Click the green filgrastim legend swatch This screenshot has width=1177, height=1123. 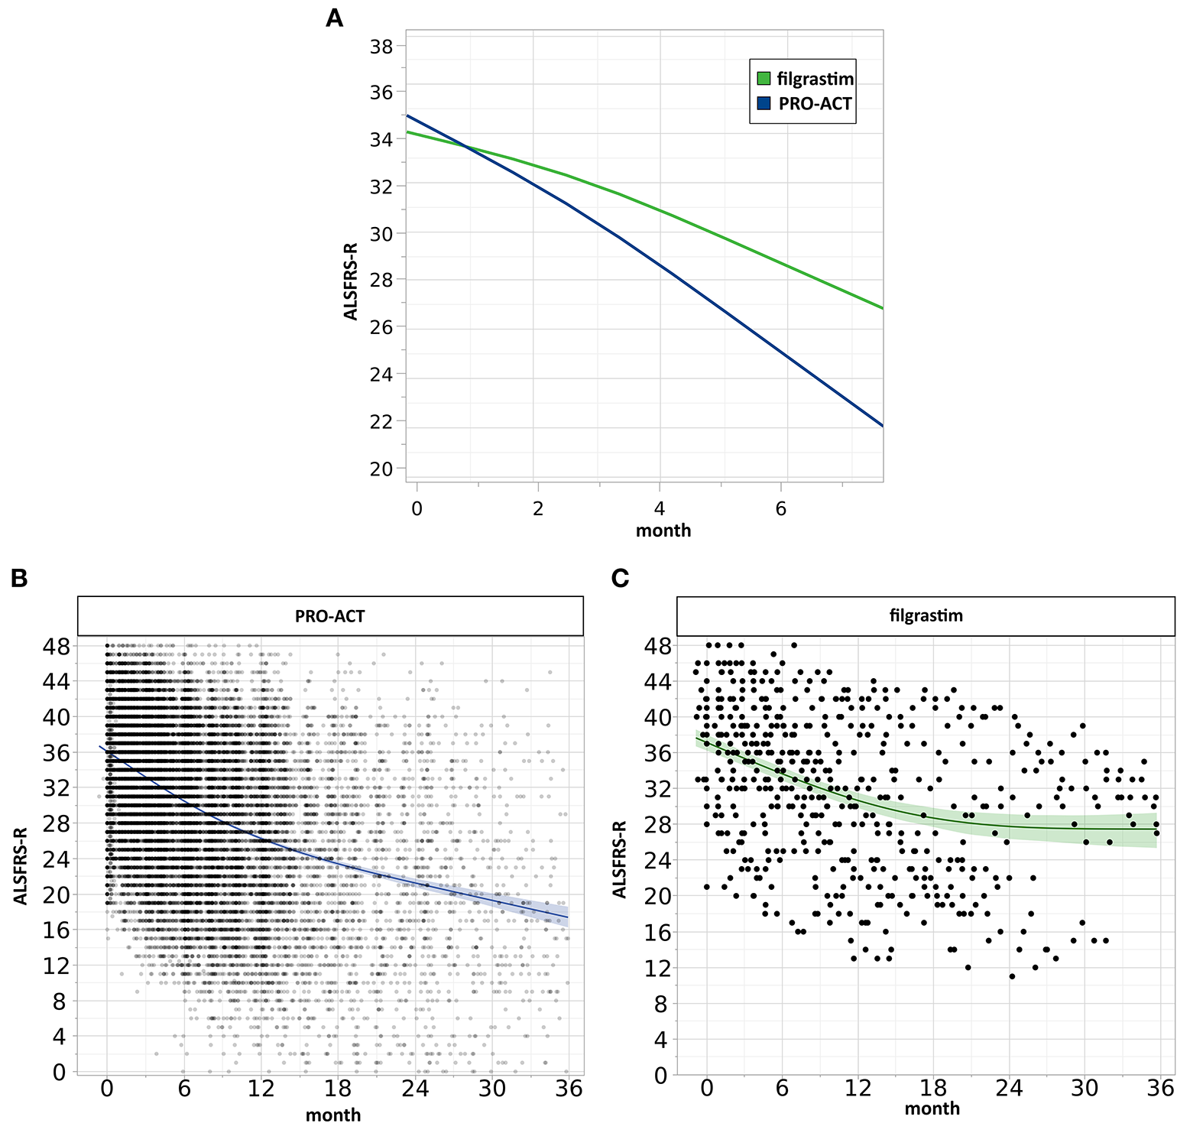point(764,79)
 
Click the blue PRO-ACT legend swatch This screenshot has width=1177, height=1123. point(764,104)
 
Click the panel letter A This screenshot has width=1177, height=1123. point(334,18)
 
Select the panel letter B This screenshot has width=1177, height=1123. point(20,579)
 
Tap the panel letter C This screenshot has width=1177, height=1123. point(621,579)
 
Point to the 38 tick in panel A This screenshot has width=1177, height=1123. point(381,47)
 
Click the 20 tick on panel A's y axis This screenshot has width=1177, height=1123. point(381,469)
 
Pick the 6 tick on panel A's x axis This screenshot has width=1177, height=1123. point(781,508)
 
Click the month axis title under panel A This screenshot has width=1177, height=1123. point(663,531)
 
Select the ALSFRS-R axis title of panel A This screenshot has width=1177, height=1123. point(351,271)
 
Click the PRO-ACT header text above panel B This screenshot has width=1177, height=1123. point(330,616)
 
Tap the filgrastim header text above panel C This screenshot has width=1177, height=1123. point(926,615)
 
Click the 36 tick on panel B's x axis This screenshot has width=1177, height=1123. point(569,1088)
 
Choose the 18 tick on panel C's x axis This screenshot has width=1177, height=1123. point(932,1087)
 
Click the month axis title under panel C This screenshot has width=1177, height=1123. point(932,1108)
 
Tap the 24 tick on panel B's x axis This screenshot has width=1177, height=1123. point(415,1088)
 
